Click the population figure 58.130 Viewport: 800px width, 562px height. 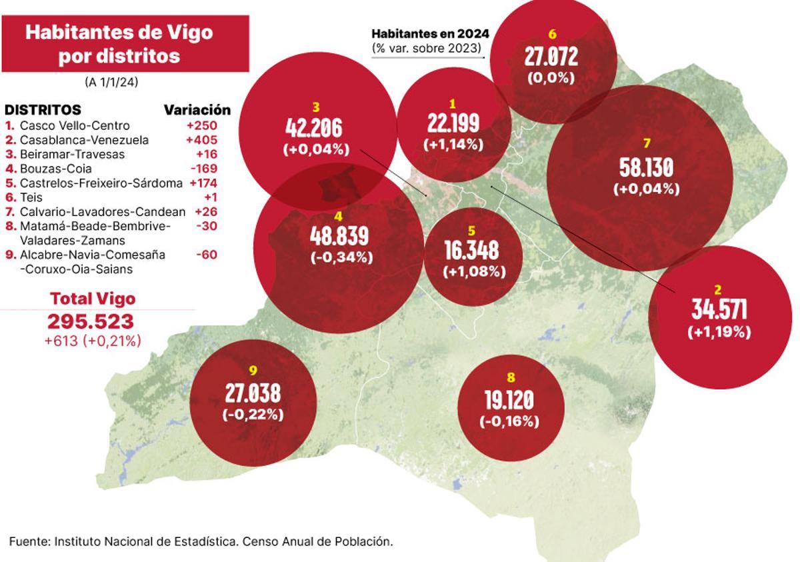(646, 166)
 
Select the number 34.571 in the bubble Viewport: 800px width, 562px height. (719, 310)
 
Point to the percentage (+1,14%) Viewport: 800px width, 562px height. (453, 143)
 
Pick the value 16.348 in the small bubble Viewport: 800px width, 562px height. (471, 251)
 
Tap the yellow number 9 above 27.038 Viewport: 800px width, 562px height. (252, 371)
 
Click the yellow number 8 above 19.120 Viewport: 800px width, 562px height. (511, 377)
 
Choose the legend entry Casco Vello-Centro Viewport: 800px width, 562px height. (75, 125)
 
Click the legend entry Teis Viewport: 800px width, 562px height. (31, 197)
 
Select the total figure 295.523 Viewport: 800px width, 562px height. (91, 322)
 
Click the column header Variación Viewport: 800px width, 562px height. (197, 110)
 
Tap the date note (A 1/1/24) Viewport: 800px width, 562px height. (110, 82)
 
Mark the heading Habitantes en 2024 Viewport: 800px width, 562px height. (431, 33)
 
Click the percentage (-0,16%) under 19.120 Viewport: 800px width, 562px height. (509, 421)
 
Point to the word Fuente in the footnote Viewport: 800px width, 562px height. (27, 541)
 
